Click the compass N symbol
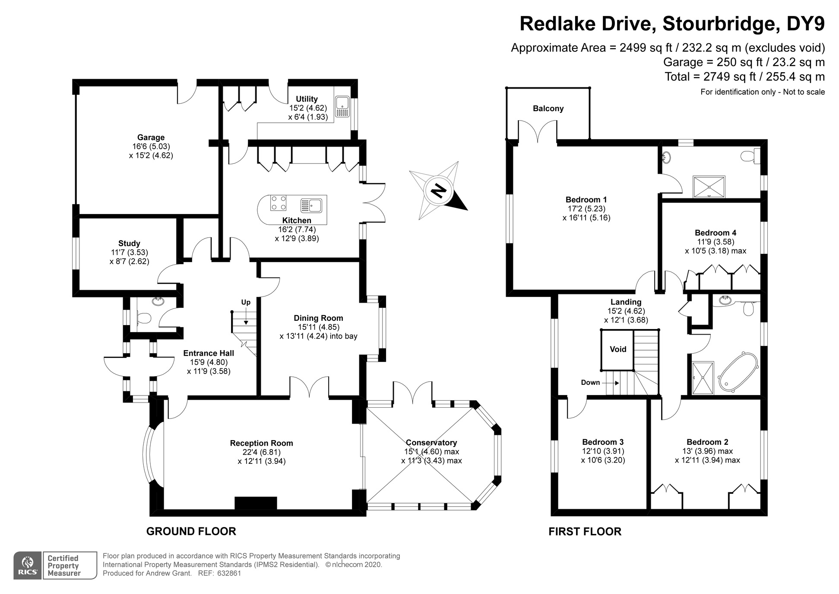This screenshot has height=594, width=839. click(438, 191)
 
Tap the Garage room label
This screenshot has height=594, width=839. click(151, 137)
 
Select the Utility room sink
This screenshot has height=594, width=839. click(342, 106)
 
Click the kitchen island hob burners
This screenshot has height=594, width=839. click(278, 203)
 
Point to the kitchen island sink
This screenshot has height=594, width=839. click(311, 205)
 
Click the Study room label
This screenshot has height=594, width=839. click(129, 243)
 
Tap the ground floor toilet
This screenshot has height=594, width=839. click(143, 319)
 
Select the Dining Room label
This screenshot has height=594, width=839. click(318, 318)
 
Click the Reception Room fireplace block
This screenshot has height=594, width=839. click(256, 503)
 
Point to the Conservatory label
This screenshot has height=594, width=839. click(431, 443)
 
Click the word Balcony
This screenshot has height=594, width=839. click(548, 109)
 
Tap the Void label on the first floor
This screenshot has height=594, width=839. click(618, 349)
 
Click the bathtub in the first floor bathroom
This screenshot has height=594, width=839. click(738, 373)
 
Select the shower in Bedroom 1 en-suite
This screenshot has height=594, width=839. click(709, 187)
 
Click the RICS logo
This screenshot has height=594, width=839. click(28, 565)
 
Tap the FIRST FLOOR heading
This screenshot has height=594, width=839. click(585, 532)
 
